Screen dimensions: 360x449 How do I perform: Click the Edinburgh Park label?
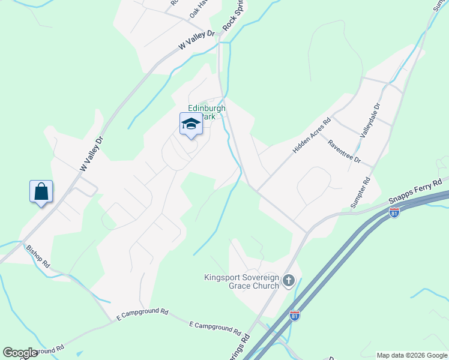(x=206, y=112)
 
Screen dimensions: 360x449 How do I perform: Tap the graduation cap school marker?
(x=191, y=124)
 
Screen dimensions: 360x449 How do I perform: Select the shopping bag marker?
(x=41, y=192)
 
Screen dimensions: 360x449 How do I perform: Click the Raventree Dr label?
(x=344, y=151)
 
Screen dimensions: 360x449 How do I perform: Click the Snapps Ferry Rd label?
(x=415, y=191)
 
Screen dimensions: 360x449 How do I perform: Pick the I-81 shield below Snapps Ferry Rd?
(x=394, y=213)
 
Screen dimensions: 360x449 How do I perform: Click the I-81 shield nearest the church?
(x=294, y=314)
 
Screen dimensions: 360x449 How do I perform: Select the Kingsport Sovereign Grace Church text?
(x=241, y=281)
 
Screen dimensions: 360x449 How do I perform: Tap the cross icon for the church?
(x=289, y=281)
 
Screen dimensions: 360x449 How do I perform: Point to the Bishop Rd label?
(x=37, y=256)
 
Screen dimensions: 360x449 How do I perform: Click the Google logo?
(x=20, y=352)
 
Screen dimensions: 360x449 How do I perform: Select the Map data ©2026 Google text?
(x=412, y=355)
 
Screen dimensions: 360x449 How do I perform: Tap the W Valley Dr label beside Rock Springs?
(x=196, y=40)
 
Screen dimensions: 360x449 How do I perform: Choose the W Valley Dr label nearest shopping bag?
(x=92, y=155)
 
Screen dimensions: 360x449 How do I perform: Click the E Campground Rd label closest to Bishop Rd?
(x=142, y=313)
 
